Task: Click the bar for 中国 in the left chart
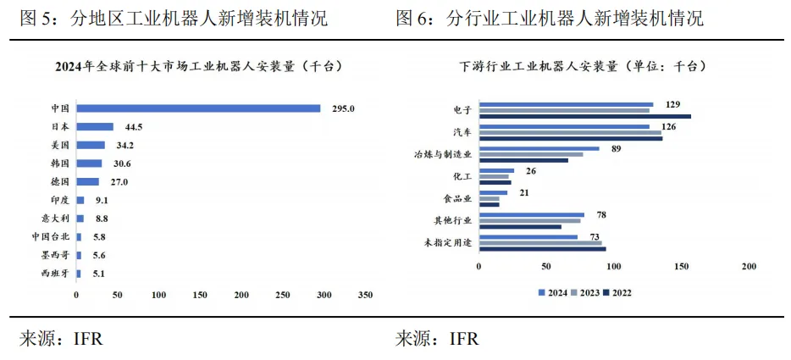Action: click(x=198, y=108)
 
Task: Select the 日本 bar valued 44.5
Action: click(x=95, y=126)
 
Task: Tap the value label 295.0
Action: click(x=342, y=108)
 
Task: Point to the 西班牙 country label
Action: click(x=56, y=274)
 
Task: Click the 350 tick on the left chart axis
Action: click(x=365, y=295)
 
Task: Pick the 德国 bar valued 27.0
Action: click(x=87, y=181)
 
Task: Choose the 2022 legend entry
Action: click(x=617, y=293)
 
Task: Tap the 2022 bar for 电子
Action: click(x=584, y=116)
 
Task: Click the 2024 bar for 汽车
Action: click(x=564, y=126)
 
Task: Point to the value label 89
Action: click(x=617, y=149)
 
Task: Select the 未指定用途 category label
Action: click(x=448, y=243)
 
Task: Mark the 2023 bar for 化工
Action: click(x=494, y=176)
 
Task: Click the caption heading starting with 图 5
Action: click(x=174, y=18)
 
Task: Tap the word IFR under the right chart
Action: click(x=464, y=340)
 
